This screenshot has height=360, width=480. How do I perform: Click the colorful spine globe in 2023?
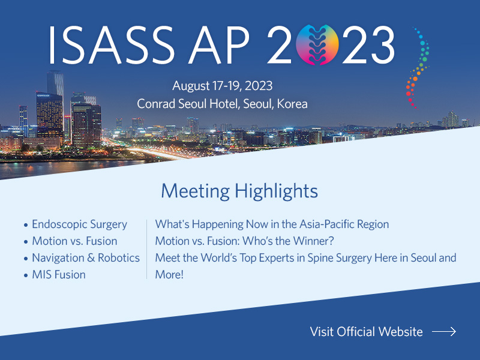coord(317,44)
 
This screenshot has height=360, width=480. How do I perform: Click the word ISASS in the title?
coord(112,45)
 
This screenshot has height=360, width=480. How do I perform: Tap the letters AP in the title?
coord(219,45)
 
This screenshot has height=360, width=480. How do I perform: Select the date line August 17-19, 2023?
coord(222,86)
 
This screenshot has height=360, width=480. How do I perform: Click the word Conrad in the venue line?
coord(156,104)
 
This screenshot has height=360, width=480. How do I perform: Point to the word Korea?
coord(292,104)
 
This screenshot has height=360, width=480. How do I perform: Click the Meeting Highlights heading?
coord(239,191)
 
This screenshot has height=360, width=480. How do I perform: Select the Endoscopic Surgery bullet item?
coord(80,224)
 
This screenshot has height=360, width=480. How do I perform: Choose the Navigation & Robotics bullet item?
coord(86,258)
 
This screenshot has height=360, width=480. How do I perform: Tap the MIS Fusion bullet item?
coord(59,275)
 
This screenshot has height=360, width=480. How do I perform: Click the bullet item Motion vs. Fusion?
coord(74,241)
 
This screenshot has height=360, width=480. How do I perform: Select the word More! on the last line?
coord(169,275)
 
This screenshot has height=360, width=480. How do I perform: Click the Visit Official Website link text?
coord(366,332)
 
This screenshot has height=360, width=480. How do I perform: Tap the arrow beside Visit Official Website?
coord(444,332)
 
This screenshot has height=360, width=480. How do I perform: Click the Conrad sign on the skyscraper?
coord(43,95)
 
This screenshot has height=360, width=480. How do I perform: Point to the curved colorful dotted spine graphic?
coord(418,68)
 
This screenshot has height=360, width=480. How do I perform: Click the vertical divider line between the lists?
coord(147,249)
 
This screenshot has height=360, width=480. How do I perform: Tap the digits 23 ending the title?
coord(368,45)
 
